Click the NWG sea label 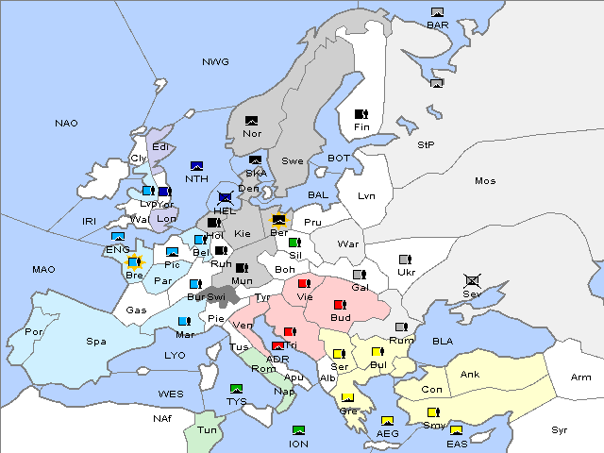click(215, 62)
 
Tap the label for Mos click(485, 180)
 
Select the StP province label click(426, 145)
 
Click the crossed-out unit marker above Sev click(472, 280)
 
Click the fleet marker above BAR click(437, 12)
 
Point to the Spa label click(95, 341)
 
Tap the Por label click(34, 332)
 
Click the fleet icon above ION click(298, 430)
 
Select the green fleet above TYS click(236, 389)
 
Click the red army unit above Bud click(340, 305)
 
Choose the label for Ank click(469, 375)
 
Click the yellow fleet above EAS click(456, 431)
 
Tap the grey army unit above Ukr click(406, 260)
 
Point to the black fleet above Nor click(251, 121)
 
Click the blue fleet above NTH click(196, 166)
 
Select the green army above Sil click(294, 243)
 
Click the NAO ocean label click(66, 124)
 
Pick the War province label click(349, 243)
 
